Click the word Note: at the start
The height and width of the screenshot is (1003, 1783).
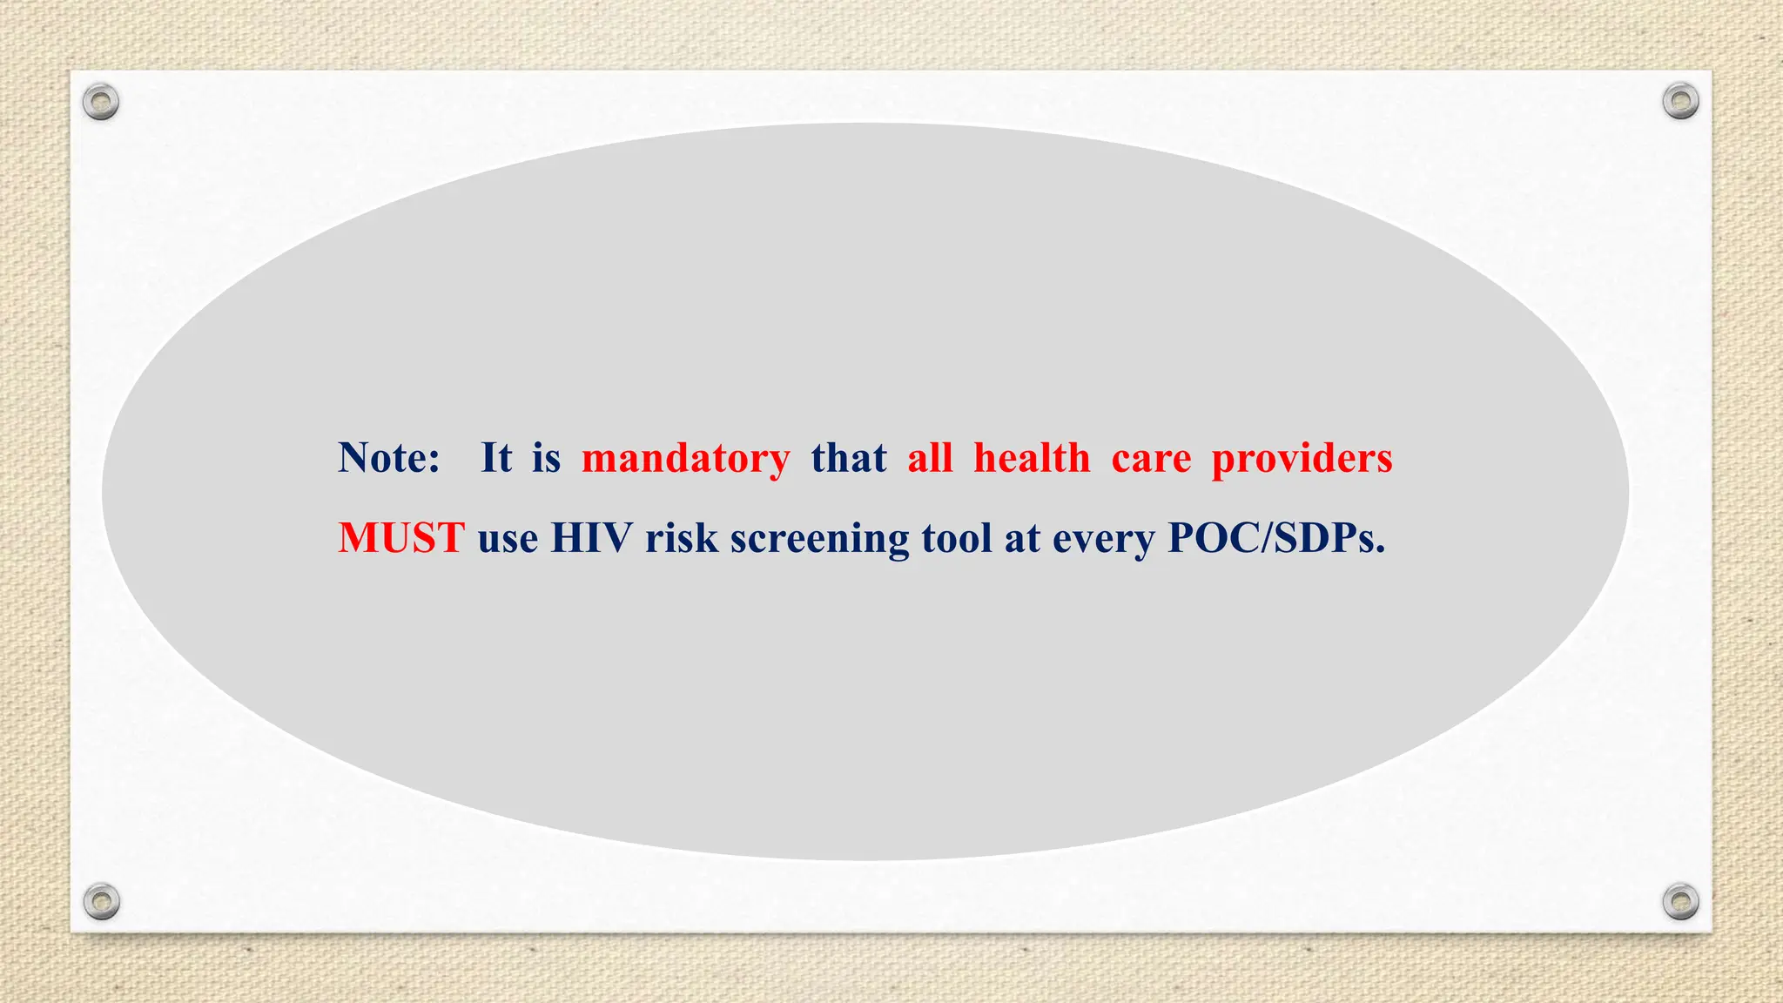click(389, 458)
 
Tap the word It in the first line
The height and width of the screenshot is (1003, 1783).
click(496, 458)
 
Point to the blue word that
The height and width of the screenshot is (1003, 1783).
click(849, 458)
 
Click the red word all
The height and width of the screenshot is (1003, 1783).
click(930, 458)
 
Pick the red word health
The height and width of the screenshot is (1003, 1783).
click(1032, 458)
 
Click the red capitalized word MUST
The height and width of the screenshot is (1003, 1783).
click(401, 538)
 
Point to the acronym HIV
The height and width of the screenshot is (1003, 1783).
click(592, 538)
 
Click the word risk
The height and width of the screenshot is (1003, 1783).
click(682, 538)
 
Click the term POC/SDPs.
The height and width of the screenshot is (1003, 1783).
click(1275, 538)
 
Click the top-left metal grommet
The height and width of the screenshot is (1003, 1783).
click(101, 102)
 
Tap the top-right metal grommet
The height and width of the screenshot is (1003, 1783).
click(1680, 102)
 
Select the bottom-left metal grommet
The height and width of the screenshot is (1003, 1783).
click(101, 901)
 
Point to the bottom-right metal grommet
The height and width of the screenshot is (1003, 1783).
click(1680, 901)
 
